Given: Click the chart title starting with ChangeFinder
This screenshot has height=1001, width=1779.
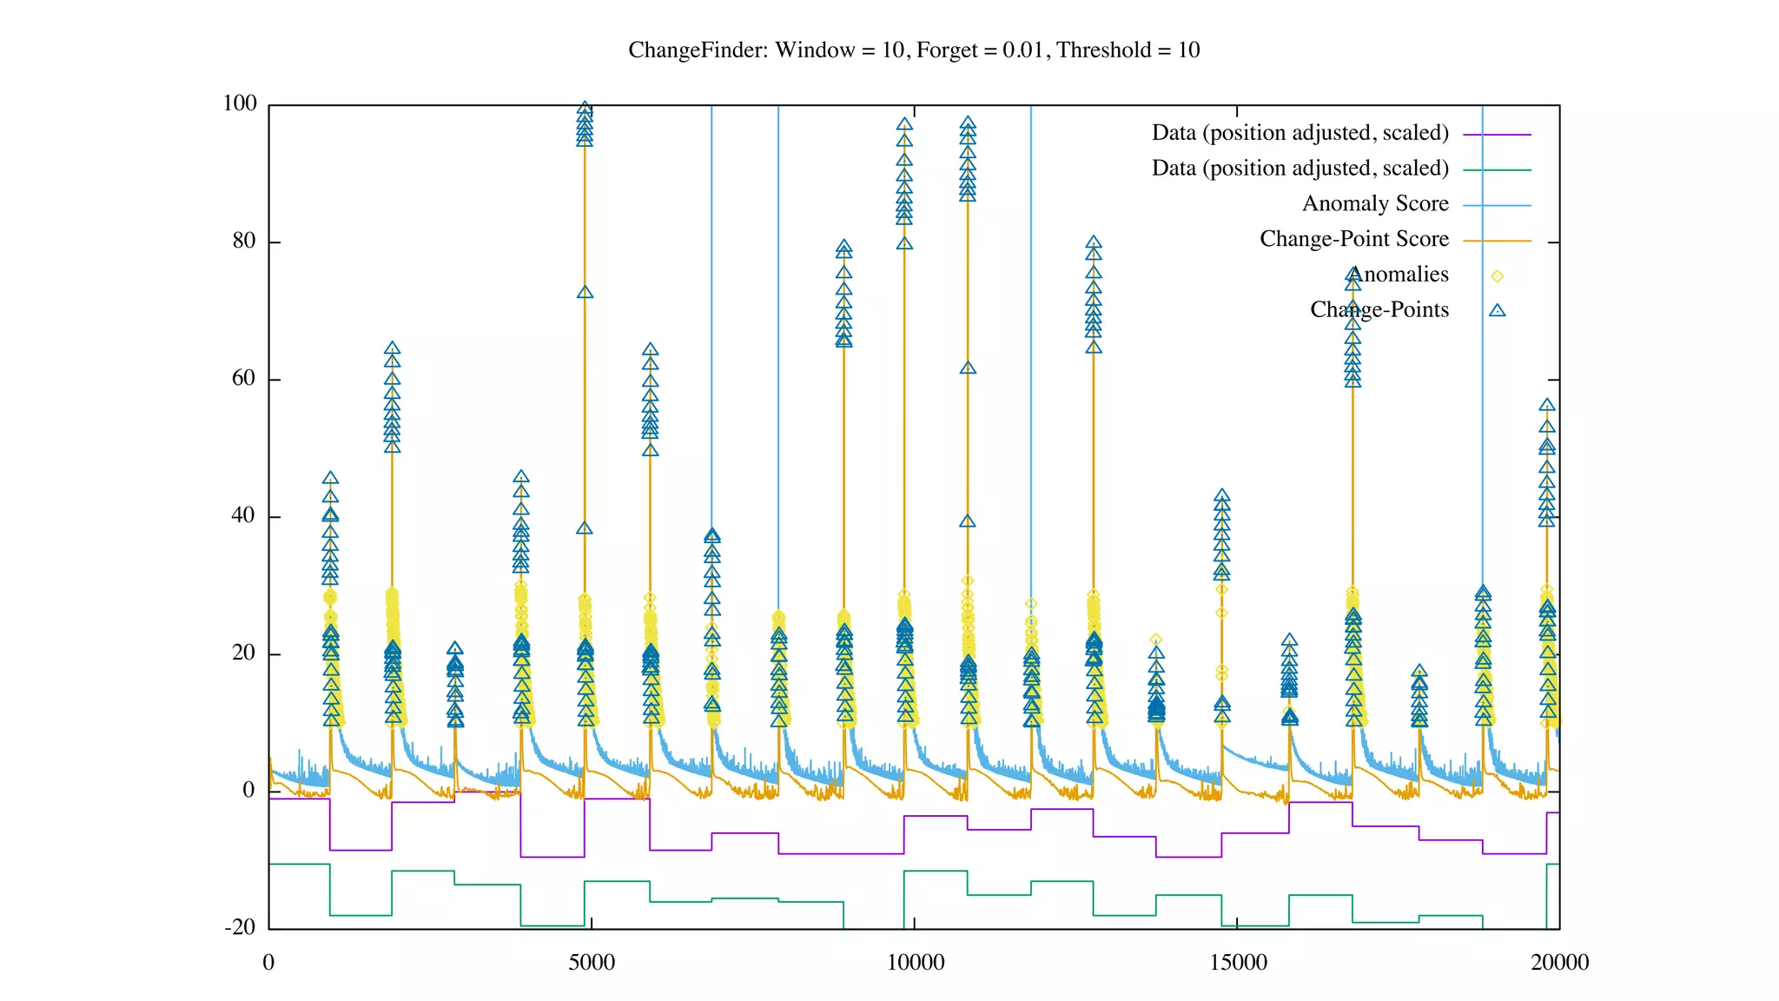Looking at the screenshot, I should click(x=914, y=50).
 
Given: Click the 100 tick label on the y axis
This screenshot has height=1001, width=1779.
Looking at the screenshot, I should click(x=240, y=103).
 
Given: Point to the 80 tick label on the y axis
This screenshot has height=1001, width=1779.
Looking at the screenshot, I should click(x=244, y=241).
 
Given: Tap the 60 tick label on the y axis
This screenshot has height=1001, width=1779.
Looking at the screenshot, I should click(x=244, y=378).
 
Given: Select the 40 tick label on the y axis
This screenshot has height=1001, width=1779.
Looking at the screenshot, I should click(x=244, y=515).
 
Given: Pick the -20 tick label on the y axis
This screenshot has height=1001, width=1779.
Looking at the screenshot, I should click(x=241, y=927).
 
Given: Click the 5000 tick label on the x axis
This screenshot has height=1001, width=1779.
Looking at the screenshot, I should click(x=592, y=962).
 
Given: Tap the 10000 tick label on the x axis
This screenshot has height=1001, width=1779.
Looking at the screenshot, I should click(x=915, y=962).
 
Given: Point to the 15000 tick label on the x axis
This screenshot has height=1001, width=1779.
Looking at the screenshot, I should click(x=1238, y=962).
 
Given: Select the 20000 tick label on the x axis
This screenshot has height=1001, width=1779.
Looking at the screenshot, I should click(x=1560, y=962).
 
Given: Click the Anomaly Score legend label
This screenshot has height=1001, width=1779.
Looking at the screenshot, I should click(x=1375, y=203).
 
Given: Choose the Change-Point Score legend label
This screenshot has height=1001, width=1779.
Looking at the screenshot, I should click(x=1354, y=239).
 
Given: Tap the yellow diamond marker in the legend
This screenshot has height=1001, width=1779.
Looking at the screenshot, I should click(x=1497, y=276).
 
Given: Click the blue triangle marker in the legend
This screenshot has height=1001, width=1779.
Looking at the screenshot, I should click(x=1497, y=310).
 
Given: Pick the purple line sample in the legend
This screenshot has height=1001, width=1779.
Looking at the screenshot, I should click(x=1497, y=135).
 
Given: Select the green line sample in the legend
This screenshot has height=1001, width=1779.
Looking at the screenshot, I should click(x=1497, y=170).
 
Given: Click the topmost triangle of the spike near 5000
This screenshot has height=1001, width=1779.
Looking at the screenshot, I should click(x=585, y=109).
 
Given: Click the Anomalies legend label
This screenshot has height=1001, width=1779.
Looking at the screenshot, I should click(x=1399, y=275).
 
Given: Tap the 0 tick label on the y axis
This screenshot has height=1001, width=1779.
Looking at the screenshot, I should click(x=249, y=790).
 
